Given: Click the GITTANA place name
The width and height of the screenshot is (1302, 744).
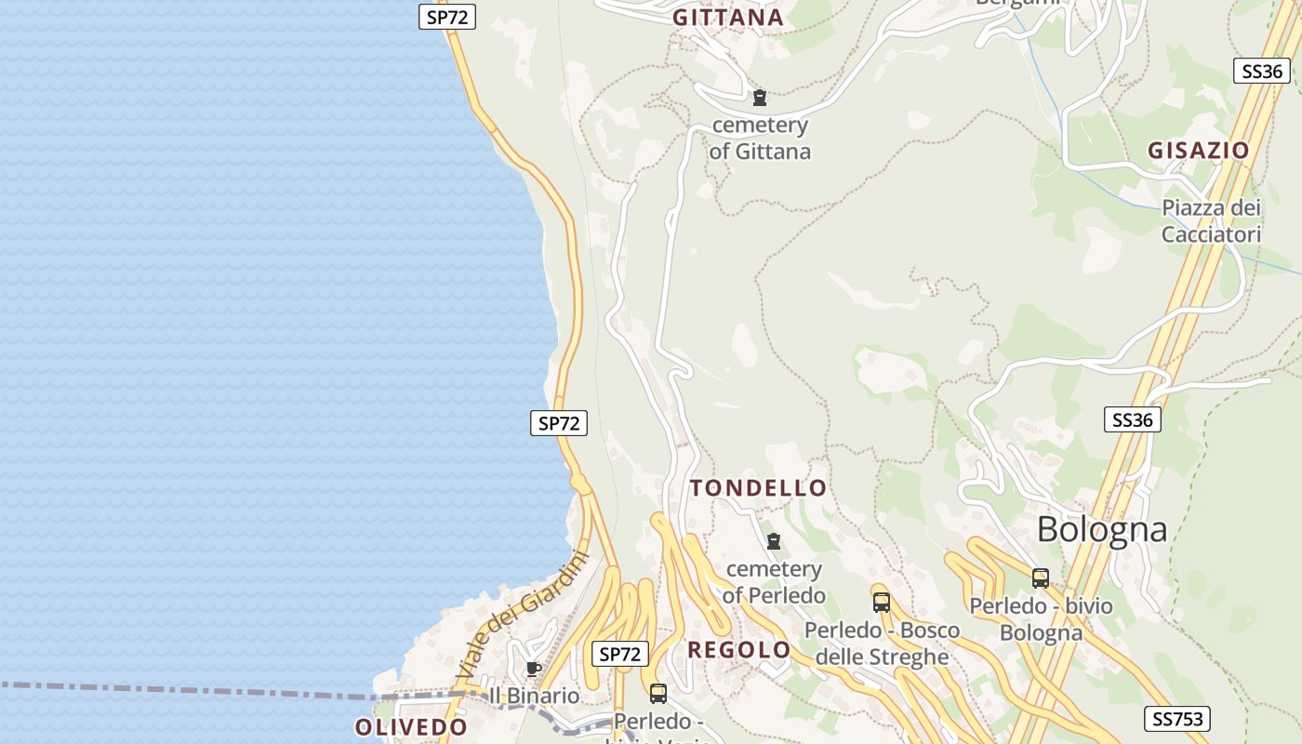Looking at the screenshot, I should coord(728,18).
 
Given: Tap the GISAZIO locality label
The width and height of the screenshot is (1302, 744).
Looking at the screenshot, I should coord(1198,151).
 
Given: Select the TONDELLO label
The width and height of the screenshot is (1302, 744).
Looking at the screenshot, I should coord(758,488).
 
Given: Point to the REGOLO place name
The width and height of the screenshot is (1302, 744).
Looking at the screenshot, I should coord(738,650).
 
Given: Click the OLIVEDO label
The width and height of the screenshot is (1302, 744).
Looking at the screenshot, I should coord(410,727).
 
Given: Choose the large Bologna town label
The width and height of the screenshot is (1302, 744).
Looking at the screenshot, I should coord(1101,529).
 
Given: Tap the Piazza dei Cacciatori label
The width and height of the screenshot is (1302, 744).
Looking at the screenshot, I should coord(1211,220).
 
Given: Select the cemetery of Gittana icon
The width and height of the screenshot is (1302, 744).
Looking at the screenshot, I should coord(760,98).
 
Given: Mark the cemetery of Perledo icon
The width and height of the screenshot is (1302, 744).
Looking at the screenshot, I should coord(773,541).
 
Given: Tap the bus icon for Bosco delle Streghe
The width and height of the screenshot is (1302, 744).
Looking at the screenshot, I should coord(881,602).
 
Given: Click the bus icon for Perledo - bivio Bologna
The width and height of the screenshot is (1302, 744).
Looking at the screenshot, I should coord(1041,578).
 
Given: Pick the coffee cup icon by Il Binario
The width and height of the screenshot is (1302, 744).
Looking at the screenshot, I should coord(533,669).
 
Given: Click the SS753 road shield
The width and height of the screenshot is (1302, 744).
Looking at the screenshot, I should coord(1177,718).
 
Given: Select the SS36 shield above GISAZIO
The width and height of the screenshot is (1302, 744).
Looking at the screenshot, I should coord(1261,71).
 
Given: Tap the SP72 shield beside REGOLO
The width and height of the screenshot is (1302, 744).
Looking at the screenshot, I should coord(620,654).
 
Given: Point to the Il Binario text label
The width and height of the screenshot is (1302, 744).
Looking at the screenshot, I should coord(534,696).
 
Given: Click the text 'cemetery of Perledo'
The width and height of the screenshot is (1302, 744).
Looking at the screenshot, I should coord(774,582).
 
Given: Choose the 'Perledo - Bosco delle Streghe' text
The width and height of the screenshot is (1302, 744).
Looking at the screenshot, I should coord(882,644).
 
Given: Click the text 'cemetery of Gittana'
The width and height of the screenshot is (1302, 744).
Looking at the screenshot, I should coord(760,138).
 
